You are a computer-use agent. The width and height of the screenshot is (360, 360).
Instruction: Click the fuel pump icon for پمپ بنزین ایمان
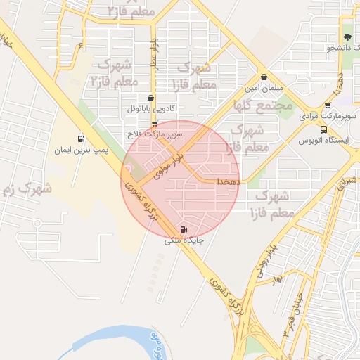(81, 139)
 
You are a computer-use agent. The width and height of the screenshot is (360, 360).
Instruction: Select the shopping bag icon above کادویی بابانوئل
(152, 99)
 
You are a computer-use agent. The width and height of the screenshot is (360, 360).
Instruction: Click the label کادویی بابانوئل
(150, 110)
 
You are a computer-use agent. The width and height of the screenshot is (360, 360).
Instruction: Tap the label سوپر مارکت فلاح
(155, 133)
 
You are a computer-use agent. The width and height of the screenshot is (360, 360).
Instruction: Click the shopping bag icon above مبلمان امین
(264, 77)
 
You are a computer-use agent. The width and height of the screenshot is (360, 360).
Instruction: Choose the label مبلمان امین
(263, 88)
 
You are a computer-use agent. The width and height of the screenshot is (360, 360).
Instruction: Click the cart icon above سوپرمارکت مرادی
(328, 105)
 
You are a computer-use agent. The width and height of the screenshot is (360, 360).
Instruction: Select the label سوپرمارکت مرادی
(329, 115)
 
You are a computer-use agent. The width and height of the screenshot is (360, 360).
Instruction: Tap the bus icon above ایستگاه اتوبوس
(323, 129)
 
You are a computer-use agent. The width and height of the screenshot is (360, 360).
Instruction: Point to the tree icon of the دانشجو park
(347, 37)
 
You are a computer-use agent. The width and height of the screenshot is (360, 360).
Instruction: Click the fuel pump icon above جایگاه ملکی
(184, 229)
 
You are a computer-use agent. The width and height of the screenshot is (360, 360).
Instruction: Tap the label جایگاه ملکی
(184, 240)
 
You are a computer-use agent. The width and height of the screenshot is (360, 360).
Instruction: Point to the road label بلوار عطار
(154, 56)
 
